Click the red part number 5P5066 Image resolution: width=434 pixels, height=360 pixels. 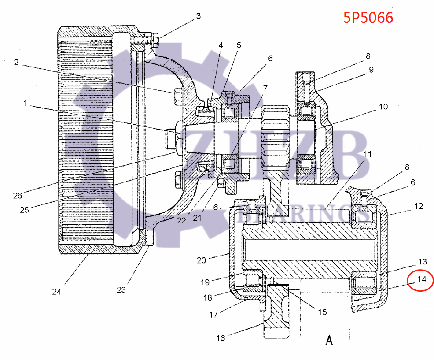point(368,18)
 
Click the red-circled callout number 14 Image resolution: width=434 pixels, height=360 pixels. point(422,279)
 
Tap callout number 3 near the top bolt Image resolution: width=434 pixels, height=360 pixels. point(198,16)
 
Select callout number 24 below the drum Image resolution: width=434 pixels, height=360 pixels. point(56,292)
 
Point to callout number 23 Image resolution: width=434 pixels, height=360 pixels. point(121,289)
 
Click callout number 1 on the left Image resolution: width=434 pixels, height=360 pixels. point(25,104)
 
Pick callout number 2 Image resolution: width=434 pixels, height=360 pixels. point(16,63)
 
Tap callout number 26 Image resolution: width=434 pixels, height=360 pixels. point(18,196)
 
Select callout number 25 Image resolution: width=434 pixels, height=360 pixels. point(24,210)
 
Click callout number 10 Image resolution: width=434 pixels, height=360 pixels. point(383,107)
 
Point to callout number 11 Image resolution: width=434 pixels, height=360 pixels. point(368,154)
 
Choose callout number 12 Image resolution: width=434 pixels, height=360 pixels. point(419,206)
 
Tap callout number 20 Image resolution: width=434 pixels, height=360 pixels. point(202,260)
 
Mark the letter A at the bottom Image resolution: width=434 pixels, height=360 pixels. point(329,340)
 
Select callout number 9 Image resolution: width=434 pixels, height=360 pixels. point(371,70)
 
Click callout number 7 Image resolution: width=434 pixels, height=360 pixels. point(265,88)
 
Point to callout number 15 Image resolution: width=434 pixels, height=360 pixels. point(322,312)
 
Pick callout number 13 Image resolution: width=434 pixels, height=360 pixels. point(423,261)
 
